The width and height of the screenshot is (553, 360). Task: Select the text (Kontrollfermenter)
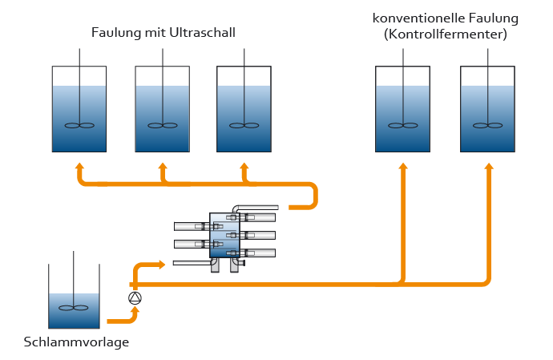445,34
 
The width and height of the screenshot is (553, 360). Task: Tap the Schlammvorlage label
76,342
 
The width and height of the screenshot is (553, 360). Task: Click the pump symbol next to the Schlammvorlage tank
135,298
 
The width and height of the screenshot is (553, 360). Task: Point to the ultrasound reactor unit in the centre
224,236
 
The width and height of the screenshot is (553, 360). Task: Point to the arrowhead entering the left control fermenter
403,166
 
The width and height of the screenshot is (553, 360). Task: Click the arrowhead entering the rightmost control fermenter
488,166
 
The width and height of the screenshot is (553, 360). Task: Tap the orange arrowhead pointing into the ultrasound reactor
163,263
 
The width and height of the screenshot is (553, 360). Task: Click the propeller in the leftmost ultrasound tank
79,125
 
